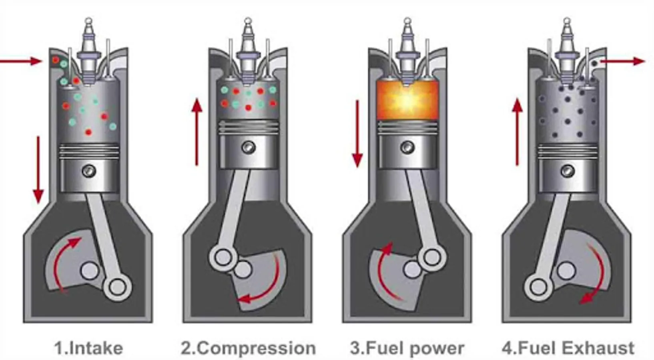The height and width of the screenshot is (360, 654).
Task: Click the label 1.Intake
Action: (x=88, y=348)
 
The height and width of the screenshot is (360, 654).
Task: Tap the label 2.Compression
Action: (x=248, y=348)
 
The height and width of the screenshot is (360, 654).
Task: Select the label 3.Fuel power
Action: (x=407, y=348)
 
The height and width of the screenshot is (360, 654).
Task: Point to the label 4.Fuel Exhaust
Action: (x=568, y=348)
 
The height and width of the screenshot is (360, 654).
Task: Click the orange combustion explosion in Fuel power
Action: (x=407, y=100)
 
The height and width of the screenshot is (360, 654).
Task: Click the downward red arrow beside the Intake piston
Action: (x=38, y=170)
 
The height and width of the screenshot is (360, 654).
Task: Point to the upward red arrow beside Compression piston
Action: (x=197, y=132)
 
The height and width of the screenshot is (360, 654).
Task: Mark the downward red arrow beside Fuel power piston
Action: (x=357, y=134)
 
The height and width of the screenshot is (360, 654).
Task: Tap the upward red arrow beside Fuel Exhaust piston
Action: (x=517, y=132)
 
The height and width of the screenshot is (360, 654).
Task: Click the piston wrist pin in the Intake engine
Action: (x=89, y=171)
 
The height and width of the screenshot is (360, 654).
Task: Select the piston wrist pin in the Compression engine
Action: (x=248, y=147)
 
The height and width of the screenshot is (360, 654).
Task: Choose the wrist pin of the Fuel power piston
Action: (x=407, y=147)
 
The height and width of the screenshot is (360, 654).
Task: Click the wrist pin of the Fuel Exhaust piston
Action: (x=567, y=171)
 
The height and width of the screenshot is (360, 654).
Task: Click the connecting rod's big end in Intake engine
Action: (x=117, y=286)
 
